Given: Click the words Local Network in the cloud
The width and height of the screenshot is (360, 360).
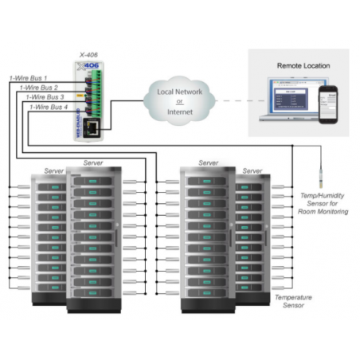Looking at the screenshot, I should click(x=178, y=93).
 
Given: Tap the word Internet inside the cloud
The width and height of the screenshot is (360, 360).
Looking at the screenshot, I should click(x=178, y=112).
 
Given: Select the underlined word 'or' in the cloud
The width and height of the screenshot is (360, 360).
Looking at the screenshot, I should click(x=178, y=103).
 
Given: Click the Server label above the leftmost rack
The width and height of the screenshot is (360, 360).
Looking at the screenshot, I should click(x=54, y=171).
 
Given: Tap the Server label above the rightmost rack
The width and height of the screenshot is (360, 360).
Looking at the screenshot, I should click(x=252, y=171).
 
